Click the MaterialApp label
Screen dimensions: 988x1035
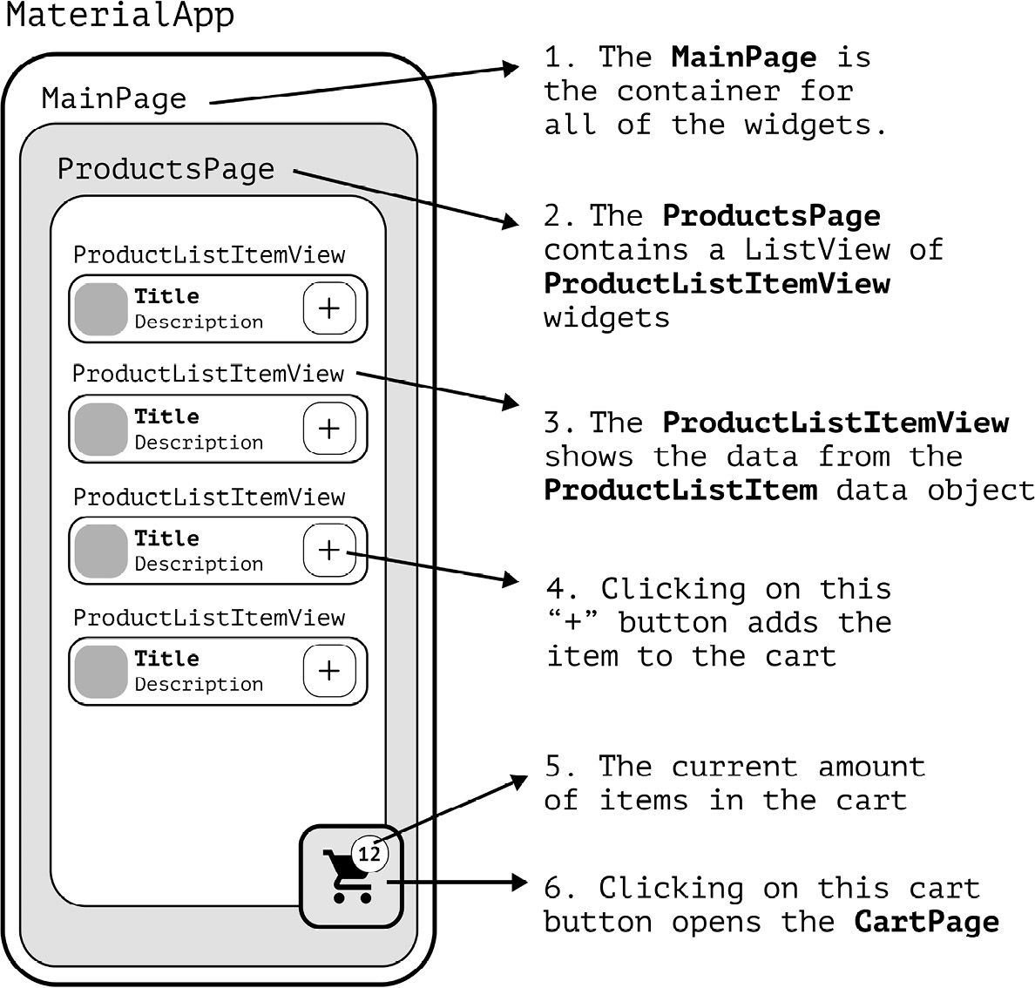pyautogui.click(x=120, y=16)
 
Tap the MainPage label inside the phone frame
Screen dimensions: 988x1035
pyautogui.click(x=114, y=98)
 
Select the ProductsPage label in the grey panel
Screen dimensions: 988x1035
pyautogui.click(x=166, y=168)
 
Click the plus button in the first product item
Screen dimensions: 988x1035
pyautogui.click(x=328, y=308)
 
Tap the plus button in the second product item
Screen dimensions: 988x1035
pyautogui.click(x=328, y=429)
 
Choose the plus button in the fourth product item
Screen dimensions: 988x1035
pyautogui.click(x=328, y=670)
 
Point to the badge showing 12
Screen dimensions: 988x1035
pyautogui.click(x=369, y=854)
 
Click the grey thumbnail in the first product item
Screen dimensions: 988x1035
pyautogui.click(x=101, y=309)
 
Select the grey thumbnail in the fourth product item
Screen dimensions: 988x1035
pyautogui.click(x=101, y=672)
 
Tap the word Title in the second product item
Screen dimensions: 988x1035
pyautogui.click(x=166, y=416)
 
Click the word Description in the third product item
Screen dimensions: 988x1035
pyautogui.click(x=199, y=564)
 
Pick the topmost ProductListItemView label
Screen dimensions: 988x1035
pyautogui.click(x=209, y=255)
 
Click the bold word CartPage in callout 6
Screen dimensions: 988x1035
pyautogui.click(x=926, y=922)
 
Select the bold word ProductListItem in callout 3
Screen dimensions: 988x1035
pyautogui.click(x=680, y=490)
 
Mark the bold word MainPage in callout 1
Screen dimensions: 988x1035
pyautogui.click(x=744, y=58)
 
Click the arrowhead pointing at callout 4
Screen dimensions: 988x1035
pyautogui.click(x=511, y=579)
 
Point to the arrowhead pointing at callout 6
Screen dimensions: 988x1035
pyautogui.click(x=517, y=883)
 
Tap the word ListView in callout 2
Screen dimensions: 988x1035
pyautogui.click(x=816, y=250)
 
